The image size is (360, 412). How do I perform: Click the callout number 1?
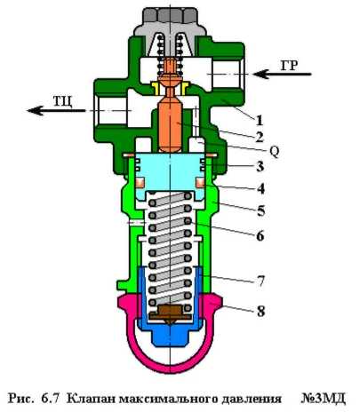tap(260, 121)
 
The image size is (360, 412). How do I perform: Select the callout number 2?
tap(260, 137)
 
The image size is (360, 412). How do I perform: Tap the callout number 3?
tap(260, 167)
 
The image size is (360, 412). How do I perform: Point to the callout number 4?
tap(260, 189)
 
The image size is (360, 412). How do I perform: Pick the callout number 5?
tap(261, 211)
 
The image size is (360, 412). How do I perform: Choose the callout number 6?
tap(260, 236)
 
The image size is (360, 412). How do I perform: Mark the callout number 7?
tap(260, 281)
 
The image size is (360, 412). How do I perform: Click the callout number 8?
tap(260, 311)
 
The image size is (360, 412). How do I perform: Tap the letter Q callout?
tap(275, 152)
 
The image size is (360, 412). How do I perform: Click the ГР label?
tap(289, 66)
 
